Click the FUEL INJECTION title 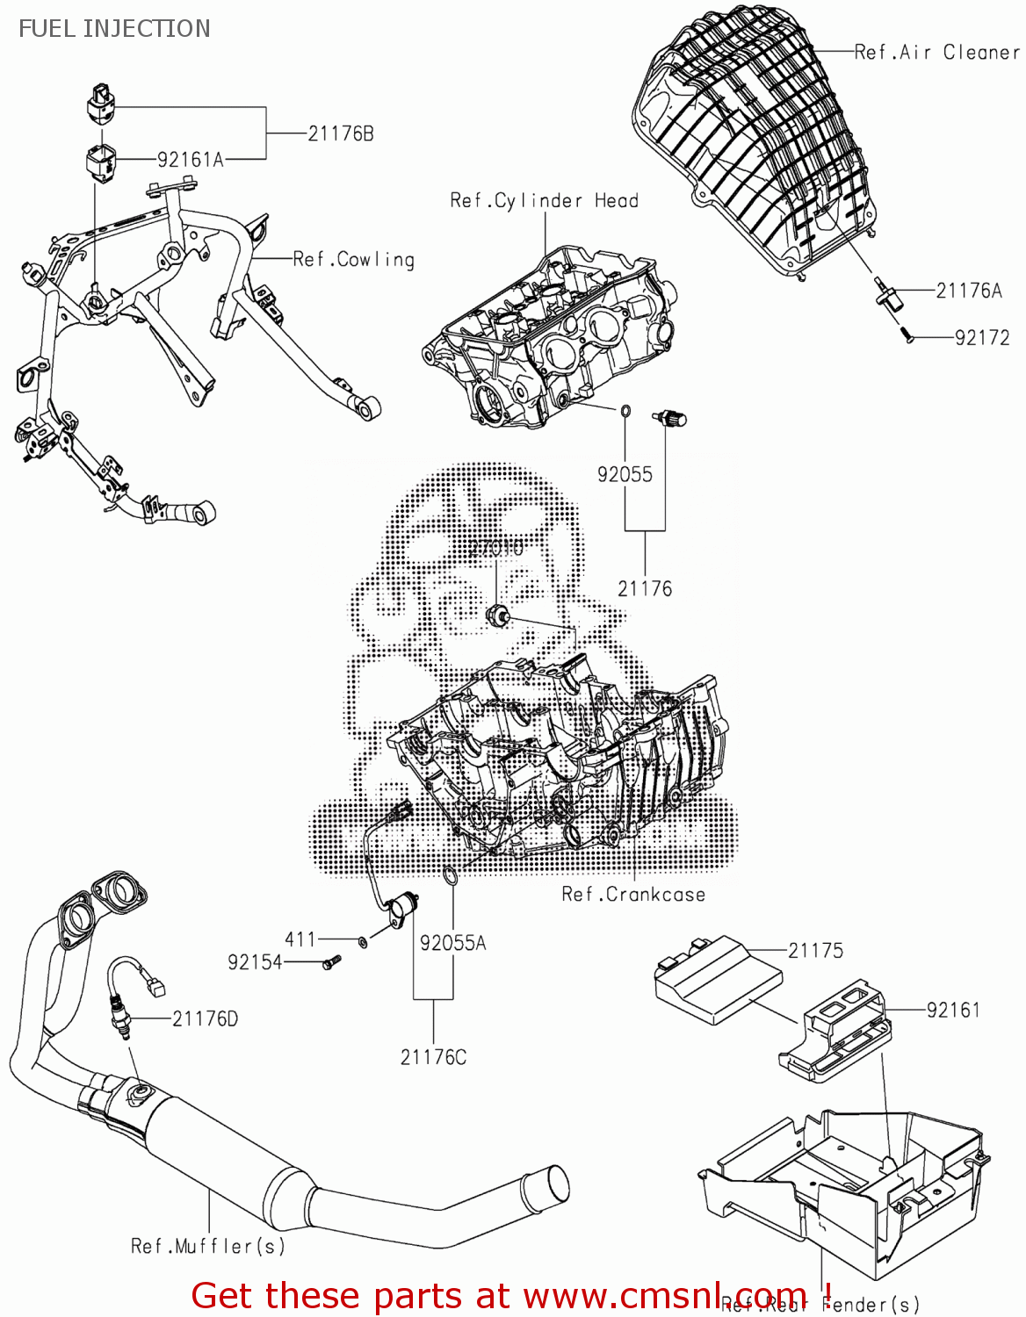click(114, 28)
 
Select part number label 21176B click(341, 133)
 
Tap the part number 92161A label click(191, 160)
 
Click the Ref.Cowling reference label click(353, 259)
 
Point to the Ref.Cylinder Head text click(544, 201)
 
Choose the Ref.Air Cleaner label click(936, 53)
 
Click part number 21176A click(969, 291)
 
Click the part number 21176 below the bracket click(645, 588)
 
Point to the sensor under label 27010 click(499, 615)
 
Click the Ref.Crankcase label click(633, 895)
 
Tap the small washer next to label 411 click(363, 941)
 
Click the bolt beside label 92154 click(331, 962)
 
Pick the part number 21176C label click(433, 1057)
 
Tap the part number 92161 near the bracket click(953, 1010)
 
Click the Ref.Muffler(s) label click(208, 1246)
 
